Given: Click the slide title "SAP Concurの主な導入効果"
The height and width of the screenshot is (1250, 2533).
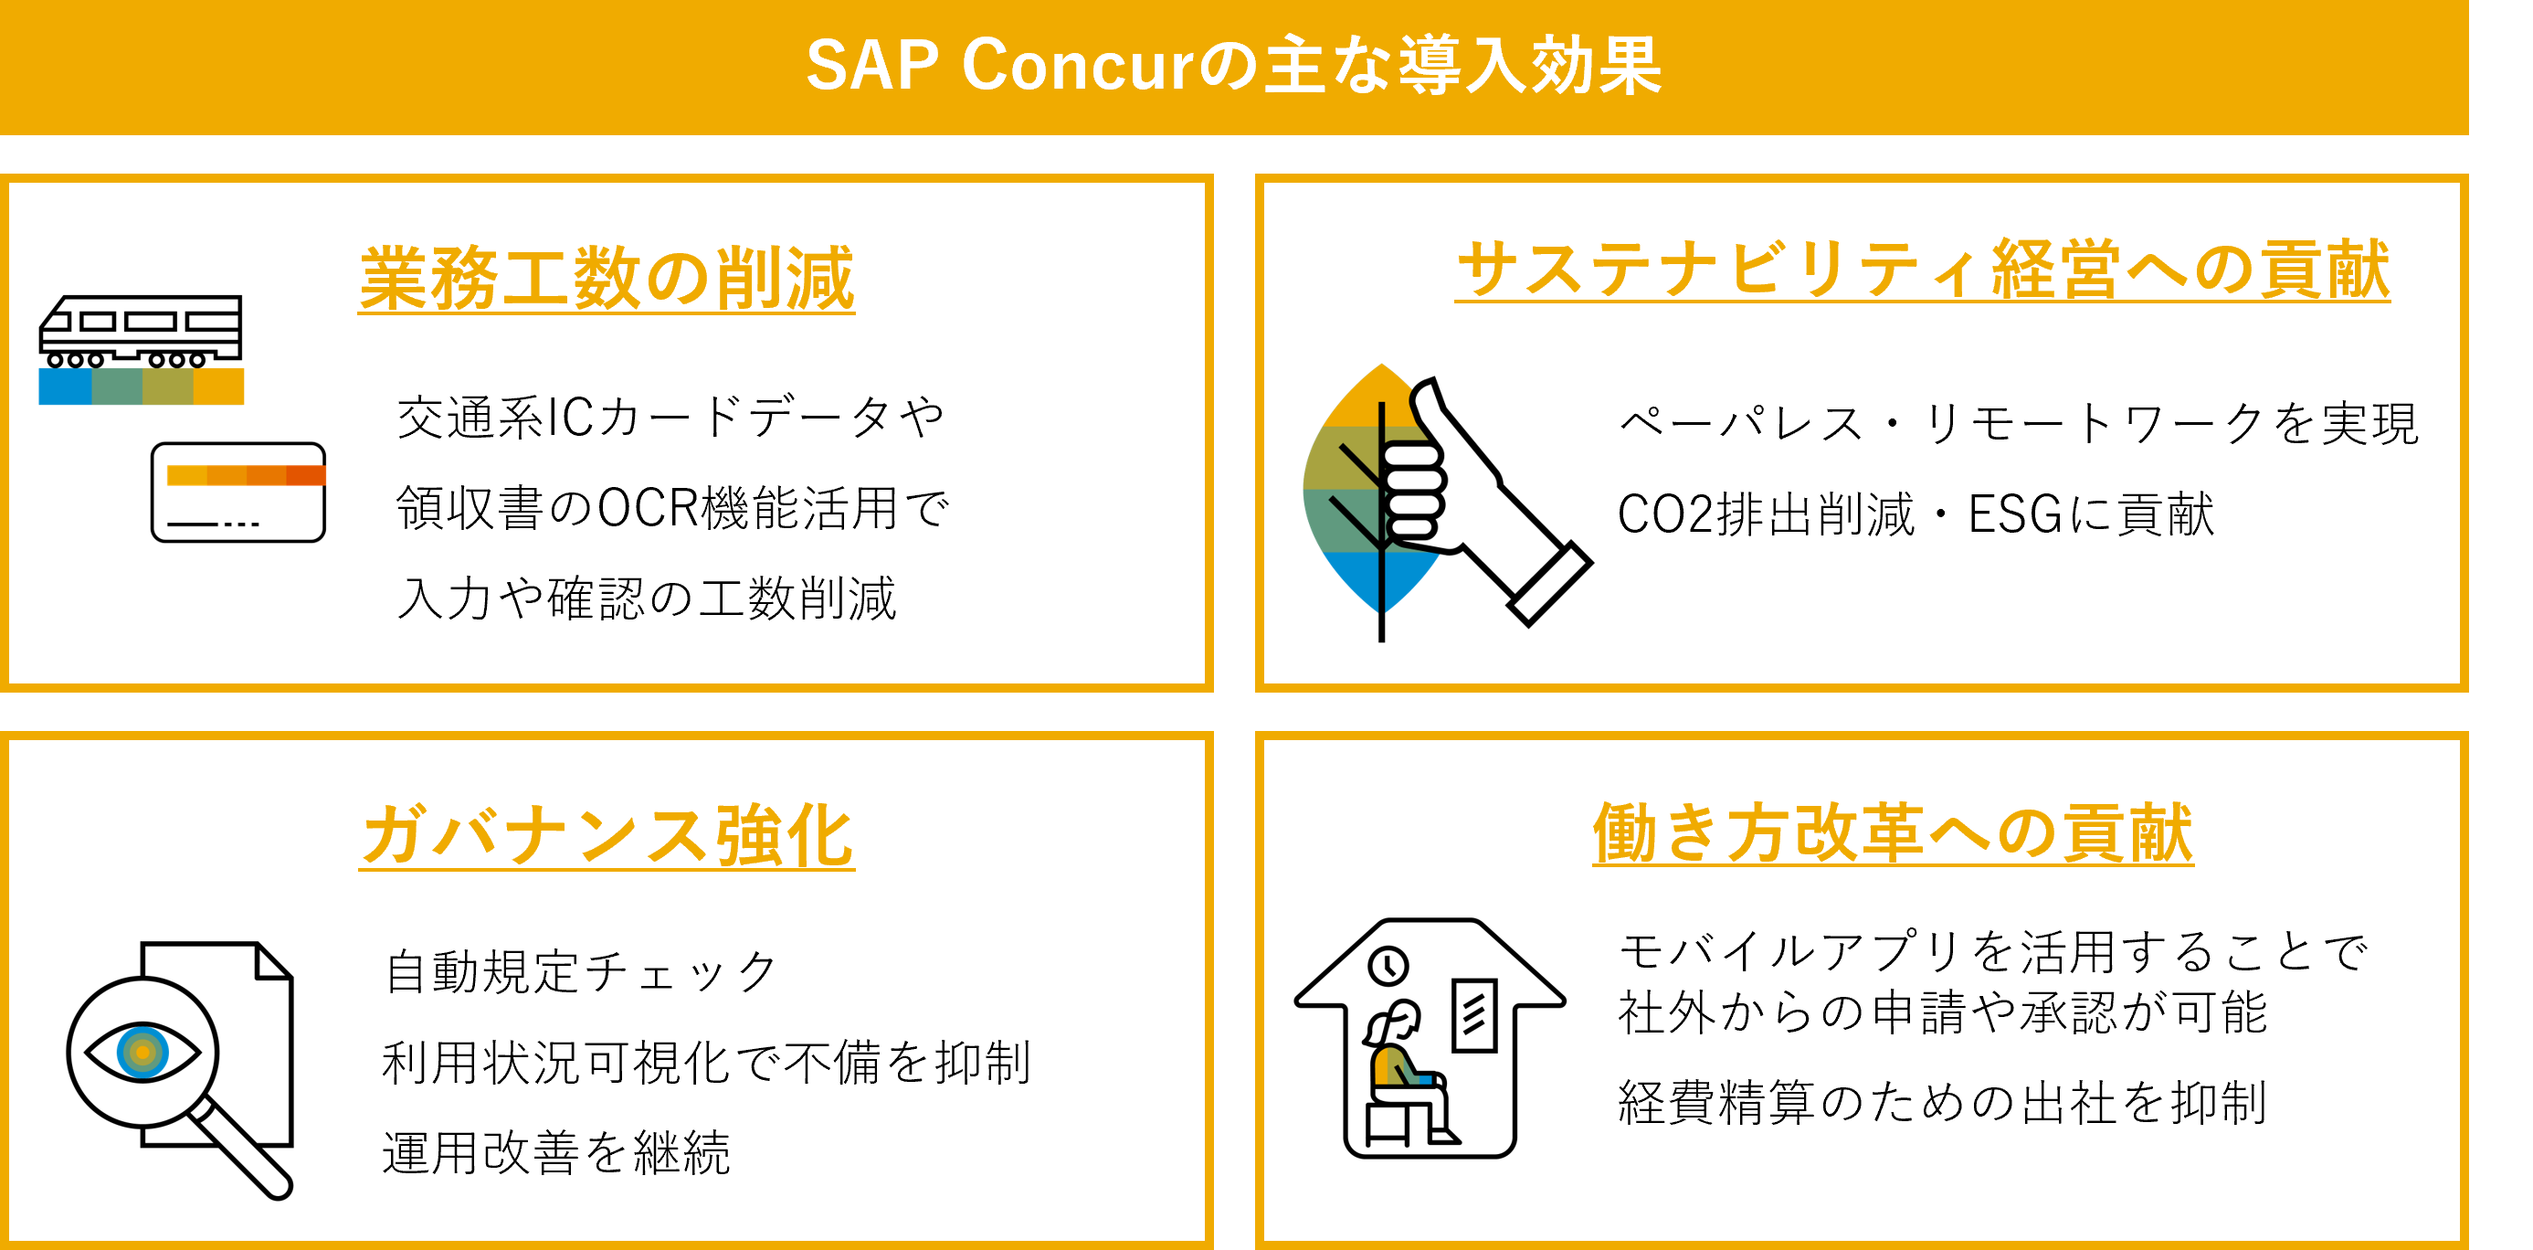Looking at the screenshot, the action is click(1233, 65).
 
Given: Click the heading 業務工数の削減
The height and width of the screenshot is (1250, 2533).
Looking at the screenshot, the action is click(607, 280).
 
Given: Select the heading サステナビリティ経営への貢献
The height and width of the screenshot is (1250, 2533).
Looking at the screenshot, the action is click(1923, 270).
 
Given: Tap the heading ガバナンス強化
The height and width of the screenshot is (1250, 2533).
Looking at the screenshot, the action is click(607, 836).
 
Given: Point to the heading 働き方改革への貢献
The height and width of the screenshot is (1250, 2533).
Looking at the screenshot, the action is click(1893, 833).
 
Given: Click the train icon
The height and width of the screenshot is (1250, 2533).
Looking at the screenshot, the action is click(141, 333).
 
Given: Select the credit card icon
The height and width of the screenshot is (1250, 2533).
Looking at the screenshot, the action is click(238, 492).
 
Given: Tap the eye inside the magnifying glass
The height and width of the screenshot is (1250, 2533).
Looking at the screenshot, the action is click(142, 1053).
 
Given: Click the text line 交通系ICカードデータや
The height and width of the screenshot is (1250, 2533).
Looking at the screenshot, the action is click(670, 418).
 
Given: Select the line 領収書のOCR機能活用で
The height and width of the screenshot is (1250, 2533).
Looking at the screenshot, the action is click(672, 508).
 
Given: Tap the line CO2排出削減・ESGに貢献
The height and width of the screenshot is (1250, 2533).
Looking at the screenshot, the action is click(1916, 514).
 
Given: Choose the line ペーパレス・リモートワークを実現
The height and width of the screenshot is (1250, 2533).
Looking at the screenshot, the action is click(2019, 424).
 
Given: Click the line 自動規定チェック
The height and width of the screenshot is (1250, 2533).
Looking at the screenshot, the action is click(580, 971).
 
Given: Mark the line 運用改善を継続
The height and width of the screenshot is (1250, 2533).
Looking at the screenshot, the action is click(556, 1152).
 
